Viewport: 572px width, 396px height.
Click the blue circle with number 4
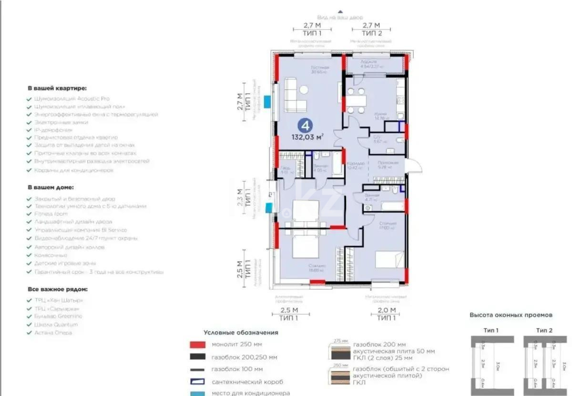pyautogui.click(x=305, y=126)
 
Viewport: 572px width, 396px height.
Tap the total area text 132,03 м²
pyautogui.click(x=307, y=138)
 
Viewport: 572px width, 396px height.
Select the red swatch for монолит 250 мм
pyautogui.click(x=197, y=345)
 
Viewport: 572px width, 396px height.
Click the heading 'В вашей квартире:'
pyautogui.click(x=57, y=88)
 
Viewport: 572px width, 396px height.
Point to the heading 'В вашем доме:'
pyautogui.click(x=51, y=188)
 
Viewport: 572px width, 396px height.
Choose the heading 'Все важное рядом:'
pyautogui.click(x=57, y=289)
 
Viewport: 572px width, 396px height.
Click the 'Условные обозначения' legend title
pyautogui.click(x=241, y=333)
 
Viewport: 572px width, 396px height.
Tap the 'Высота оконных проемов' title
pyautogui.click(x=511, y=315)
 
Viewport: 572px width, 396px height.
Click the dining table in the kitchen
pyautogui.click(x=356, y=102)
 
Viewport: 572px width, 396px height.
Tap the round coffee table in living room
pyautogui.click(x=304, y=90)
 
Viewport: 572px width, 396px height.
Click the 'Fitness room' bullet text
pyautogui.click(x=51, y=214)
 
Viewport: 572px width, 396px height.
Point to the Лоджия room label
pyautogui.click(x=368, y=62)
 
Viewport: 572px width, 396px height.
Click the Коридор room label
pyautogui.click(x=356, y=163)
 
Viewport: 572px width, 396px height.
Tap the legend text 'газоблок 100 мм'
pyautogui.click(x=237, y=369)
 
